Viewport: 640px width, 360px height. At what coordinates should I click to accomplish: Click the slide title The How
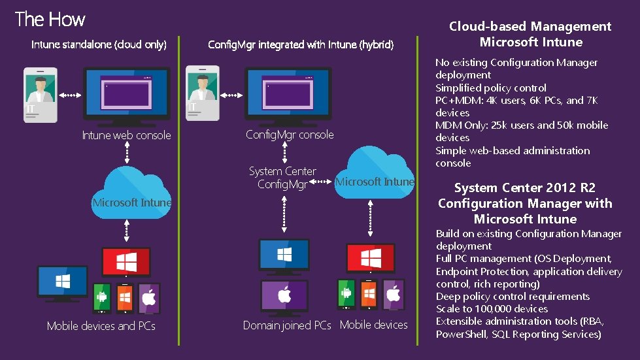(50, 19)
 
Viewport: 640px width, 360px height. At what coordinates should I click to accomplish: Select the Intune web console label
(126, 135)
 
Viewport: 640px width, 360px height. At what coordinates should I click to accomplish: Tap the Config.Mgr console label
(290, 135)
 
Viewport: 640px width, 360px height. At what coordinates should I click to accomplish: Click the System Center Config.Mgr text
(282, 178)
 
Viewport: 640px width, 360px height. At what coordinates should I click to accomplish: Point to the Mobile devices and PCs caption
(101, 325)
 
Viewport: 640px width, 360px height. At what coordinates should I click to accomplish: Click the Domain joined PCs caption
(287, 325)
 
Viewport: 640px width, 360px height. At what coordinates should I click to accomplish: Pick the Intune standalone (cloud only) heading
(99, 45)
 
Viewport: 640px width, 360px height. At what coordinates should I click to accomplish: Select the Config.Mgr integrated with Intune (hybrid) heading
(301, 45)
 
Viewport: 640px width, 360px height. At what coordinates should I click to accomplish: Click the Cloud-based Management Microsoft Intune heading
(530, 34)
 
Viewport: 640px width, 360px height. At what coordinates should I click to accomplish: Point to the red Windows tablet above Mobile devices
(371, 257)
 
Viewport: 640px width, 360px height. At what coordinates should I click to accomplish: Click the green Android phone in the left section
(102, 298)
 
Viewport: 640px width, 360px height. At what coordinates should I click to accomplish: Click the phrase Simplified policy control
(491, 88)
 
